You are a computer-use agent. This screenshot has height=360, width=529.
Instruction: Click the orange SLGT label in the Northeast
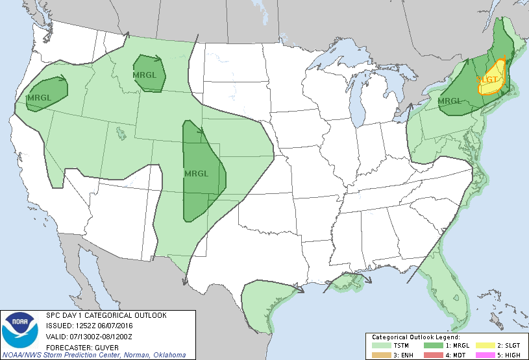pyautogui.click(x=489, y=79)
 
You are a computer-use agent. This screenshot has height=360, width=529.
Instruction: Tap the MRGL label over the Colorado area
pyautogui.click(x=196, y=173)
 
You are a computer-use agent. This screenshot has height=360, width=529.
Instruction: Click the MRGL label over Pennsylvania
pyautogui.click(x=449, y=101)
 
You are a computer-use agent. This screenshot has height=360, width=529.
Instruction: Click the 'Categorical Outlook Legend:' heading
pyautogui.click(x=416, y=337)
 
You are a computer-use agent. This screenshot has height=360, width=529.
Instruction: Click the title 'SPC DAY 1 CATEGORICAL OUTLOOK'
pyautogui.click(x=106, y=315)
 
